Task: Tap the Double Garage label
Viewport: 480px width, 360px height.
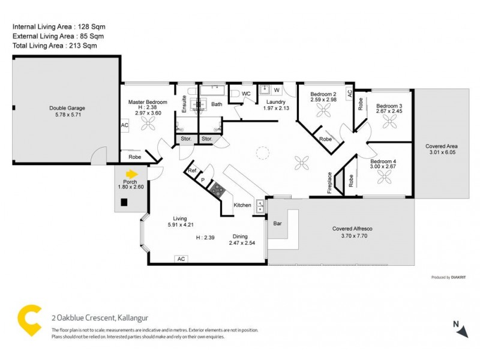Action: pos(67,108)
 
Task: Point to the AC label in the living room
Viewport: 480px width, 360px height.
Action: pos(180,259)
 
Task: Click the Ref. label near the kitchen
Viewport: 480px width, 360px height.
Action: pos(193,171)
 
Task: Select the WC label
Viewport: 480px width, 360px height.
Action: pos(245,94)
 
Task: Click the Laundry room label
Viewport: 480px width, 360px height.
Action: pos(276,102)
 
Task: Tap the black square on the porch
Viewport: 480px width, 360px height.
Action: pos(124,203)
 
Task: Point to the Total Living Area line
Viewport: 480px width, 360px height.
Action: pos(55,46)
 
